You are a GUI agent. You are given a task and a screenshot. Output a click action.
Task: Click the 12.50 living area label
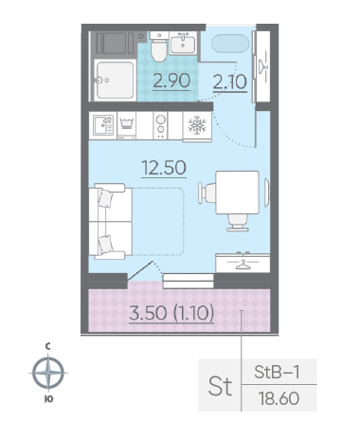[164, 168]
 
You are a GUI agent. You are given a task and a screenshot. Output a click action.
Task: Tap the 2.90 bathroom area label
[171, 81]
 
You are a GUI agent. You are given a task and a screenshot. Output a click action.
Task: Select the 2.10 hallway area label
[230, 83]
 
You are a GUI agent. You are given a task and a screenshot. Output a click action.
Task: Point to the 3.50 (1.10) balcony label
[171, 313]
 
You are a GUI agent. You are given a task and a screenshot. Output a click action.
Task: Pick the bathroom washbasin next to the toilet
[183, 43]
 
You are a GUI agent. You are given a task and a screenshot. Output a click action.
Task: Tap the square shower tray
[115, 80]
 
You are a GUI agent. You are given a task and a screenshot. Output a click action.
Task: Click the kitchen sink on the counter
[103, 125]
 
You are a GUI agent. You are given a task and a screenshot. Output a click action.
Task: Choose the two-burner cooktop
[160, 125]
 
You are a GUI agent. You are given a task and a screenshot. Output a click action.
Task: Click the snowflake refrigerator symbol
[197, 125]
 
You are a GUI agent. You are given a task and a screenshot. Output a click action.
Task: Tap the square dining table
[237, 193]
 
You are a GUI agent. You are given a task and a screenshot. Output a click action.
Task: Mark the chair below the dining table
[238, 222]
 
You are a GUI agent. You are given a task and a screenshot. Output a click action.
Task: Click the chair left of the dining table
[207, 193]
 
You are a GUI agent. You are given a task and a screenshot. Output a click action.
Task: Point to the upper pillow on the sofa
[105, 198]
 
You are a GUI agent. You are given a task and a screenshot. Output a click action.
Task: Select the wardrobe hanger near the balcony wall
[243, 265]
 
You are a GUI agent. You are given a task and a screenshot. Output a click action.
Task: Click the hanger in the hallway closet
[262, 66]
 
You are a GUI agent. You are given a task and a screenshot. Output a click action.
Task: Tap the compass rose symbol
[48, 373]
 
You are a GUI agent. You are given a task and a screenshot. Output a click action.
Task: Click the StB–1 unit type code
[277, 372]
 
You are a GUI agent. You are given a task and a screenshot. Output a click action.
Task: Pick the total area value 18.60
[279, 398]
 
